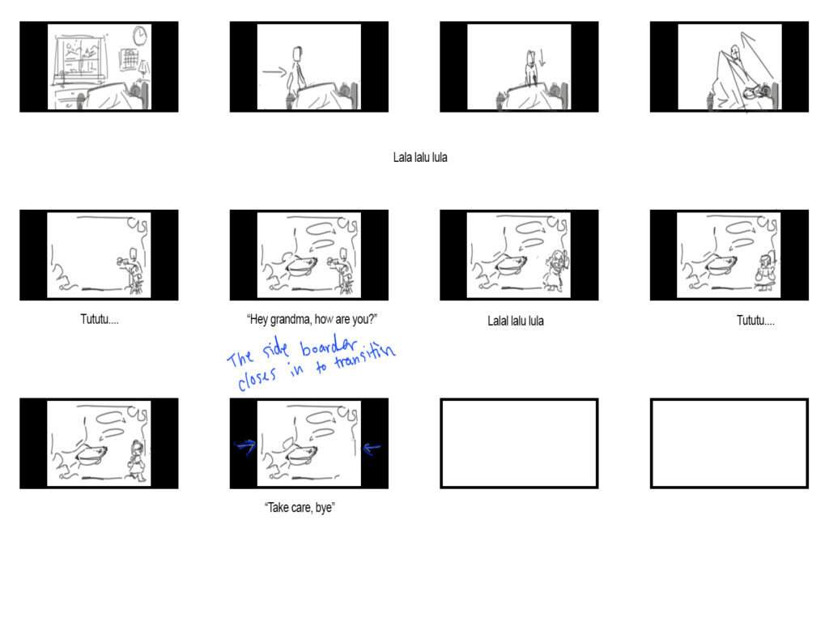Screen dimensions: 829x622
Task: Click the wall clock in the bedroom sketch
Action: coord(139,36)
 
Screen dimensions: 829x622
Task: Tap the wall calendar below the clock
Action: coord(130,59)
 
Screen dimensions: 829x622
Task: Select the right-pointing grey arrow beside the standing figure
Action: coord(274,71)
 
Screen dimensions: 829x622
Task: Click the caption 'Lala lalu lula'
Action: coord(420,157)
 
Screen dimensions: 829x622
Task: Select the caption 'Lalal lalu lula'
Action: coord(516,321)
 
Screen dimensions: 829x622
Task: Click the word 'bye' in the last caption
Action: coord(324,508)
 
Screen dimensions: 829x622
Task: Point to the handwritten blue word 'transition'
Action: coord(364,356)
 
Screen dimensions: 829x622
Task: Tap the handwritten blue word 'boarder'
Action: coord(329,347)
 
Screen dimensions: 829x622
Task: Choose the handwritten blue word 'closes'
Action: coord(257,377)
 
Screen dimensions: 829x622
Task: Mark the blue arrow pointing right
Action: coord(244,447)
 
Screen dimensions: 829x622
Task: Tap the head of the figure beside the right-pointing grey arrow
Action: coord(297,54)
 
